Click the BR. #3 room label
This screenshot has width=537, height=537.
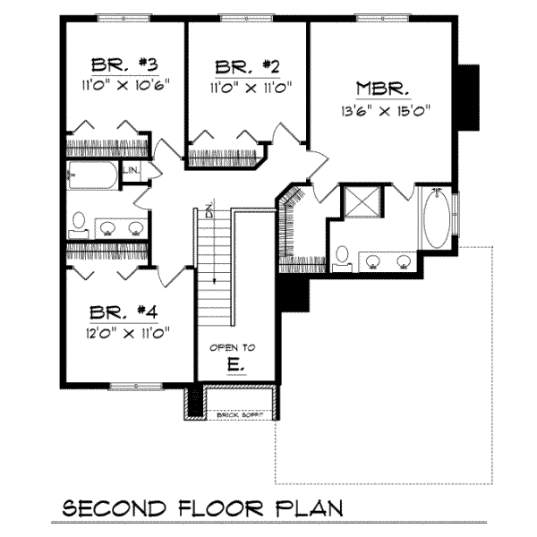[124, 65]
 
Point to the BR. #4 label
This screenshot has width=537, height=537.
[124, 313]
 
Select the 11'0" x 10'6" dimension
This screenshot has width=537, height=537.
[124, 87]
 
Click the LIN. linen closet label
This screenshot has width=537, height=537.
[131, 169]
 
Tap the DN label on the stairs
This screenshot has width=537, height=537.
[208, 211]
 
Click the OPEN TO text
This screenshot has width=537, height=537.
[233, 347]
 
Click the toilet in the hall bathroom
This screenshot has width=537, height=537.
[79, 221]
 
